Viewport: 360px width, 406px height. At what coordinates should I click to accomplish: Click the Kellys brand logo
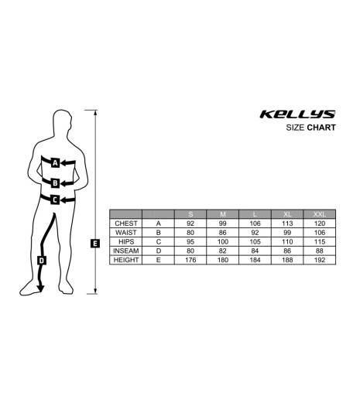[x=297, y=114]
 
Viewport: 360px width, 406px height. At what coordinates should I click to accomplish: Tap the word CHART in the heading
[x=321, y=128]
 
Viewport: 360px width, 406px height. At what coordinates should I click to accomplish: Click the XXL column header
[x=319, y=214]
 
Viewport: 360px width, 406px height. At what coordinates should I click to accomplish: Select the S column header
[x=190, y=214]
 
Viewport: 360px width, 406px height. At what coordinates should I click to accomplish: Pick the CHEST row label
[x=126, y=223]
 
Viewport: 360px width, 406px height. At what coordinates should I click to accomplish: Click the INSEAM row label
[x=126, y=251]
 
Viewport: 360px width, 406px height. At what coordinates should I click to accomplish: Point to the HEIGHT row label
[x=126, y=260]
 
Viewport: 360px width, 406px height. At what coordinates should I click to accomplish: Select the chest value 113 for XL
[x=287, y=223]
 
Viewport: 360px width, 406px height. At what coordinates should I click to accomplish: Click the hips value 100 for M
[x=223, y=241]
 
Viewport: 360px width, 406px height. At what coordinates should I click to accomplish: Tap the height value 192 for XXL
[x=319, y=260]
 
